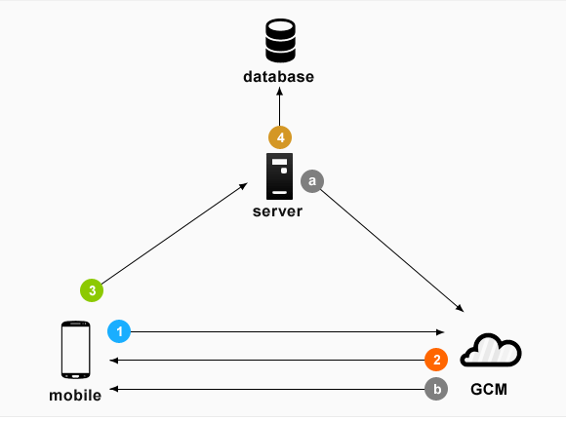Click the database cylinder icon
click(280, 40)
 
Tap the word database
click(279, 77)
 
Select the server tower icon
click(279, 176)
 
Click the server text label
click(277, 211)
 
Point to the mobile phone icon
click(75, 350)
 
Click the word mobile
click(75, 396)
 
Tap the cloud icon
click(491, 351)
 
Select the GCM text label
click(489, 389)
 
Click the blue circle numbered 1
click(119, 331)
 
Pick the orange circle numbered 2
click(436, 360)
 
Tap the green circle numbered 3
click(92, 290)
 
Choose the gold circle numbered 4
click(280, 137)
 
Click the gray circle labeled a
click(312, 181)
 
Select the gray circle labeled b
click(436, 389)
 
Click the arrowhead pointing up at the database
click(279, 92)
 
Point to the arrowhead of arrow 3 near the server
click(244, 186)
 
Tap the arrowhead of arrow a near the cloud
click(460, 308)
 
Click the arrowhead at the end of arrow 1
click(440, 332)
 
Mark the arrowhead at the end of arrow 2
click(114, 360)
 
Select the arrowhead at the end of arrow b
click(114, 389)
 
